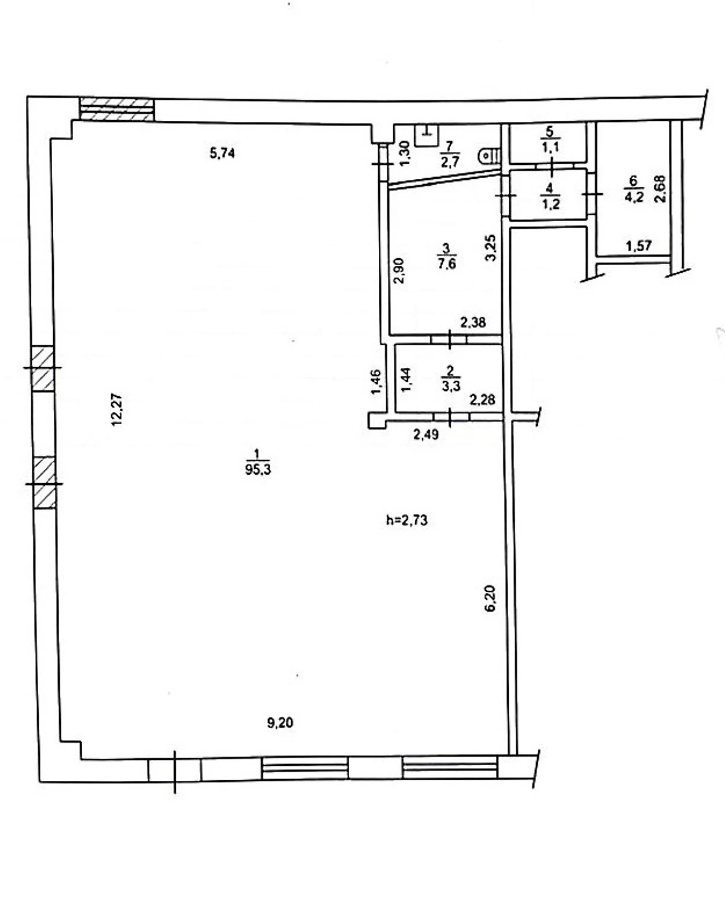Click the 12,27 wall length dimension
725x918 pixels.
click(x=117, y=409)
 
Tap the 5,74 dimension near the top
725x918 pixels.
click(x=222, y=153)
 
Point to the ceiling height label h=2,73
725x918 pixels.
click(x=407, y=520)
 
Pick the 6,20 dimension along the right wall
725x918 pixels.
click(x=491, y=599)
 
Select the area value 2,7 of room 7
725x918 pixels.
click(x=451, y=161)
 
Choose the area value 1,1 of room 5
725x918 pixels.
click(x=550, y=147)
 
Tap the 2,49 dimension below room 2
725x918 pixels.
click(x=427, y=435)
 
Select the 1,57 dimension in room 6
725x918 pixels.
click(x=639, y=246)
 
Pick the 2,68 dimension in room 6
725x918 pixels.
click(x=660, y=190)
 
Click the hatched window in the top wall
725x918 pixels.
click(x=117, y=110)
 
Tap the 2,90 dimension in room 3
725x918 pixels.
click(x=398, y=271)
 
